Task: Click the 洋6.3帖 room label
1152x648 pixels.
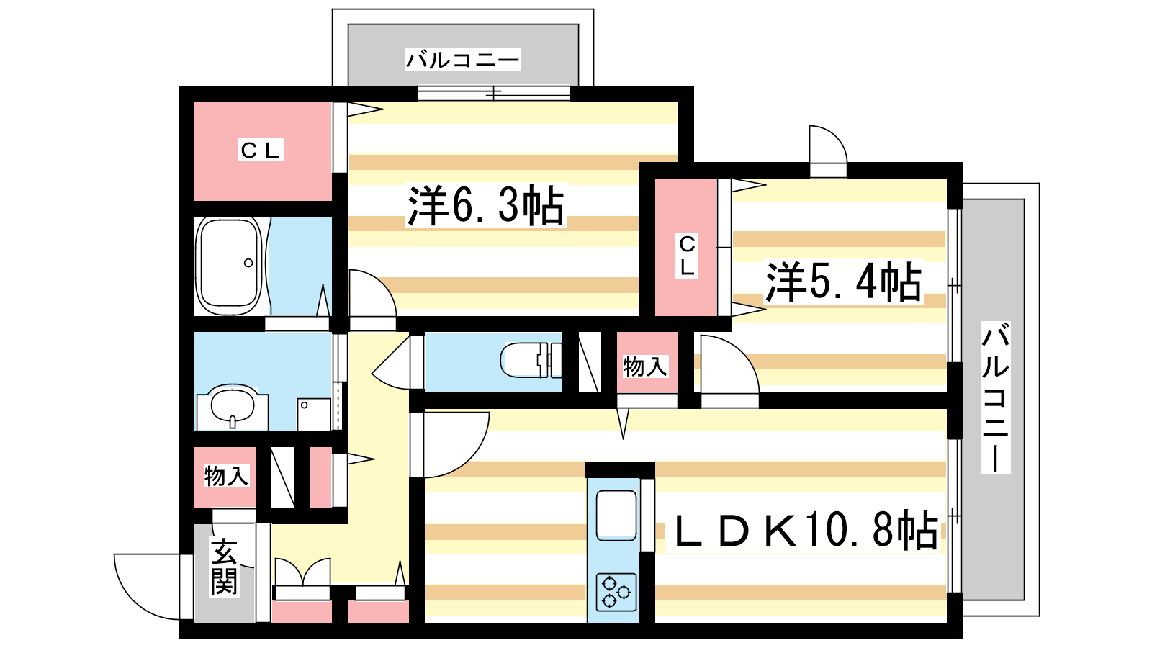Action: click(x=485, y=205)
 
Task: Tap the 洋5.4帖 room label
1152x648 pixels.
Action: click(x=843, y=282)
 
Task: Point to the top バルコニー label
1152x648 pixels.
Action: click(x=462, y=60)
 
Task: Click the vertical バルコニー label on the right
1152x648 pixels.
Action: click(x=995, y=397)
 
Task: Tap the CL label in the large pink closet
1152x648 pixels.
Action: click(x=260, y=150)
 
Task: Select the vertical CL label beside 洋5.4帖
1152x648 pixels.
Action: click(x=687, y=256)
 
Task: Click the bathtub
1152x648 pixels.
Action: click(x=230, y=266)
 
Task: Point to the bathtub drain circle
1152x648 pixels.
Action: click(x=248, y=264)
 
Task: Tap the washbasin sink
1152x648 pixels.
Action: click(x=233, y=405)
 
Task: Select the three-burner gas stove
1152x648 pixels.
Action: click(x=616, y=591)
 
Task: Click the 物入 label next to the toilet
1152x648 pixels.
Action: click(x=645, y=366)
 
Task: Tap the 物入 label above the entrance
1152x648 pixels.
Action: click(x=226, y=476)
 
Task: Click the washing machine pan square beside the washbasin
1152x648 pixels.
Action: click(x=314, y=415)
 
